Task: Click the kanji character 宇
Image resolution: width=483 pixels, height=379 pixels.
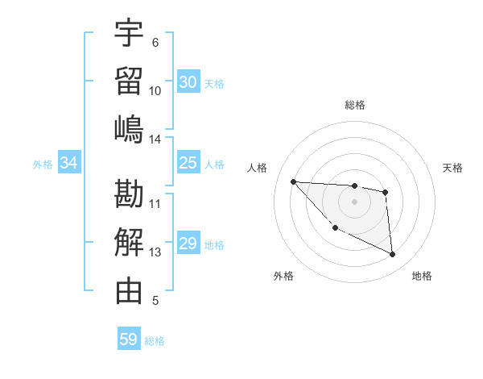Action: point(129,33)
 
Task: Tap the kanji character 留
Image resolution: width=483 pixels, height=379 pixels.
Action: point(129,81)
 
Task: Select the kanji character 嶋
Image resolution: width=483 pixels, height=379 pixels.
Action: point(129,130)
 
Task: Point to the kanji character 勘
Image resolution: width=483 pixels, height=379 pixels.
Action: point(129,194)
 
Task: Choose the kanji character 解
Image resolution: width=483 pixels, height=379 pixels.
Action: point(129,243)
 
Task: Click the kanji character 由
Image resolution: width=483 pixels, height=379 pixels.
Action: point(129,291)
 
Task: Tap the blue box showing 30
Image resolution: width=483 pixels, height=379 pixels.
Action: point(188,82)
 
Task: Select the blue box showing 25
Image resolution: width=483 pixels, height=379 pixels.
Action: point(188,163)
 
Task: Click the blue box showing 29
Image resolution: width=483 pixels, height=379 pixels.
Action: point(188,244)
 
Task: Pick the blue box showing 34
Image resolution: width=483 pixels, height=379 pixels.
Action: point(69,163)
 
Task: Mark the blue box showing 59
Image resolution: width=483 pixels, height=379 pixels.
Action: point(129,339)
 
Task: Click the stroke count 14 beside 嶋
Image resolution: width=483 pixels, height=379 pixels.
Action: point(155,140)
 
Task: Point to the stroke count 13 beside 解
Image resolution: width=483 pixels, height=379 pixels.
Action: point(155,252)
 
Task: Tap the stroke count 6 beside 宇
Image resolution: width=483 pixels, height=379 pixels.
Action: point(155,43)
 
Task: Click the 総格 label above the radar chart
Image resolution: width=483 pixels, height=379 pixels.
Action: point(355,105)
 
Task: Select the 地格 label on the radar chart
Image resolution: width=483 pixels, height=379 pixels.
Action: point(422,276)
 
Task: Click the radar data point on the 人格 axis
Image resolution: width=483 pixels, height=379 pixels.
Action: point(294,181)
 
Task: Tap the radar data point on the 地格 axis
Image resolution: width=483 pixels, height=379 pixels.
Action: point(393,255)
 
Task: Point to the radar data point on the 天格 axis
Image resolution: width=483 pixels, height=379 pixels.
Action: point(386,192)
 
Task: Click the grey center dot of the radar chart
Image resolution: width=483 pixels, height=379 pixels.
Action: point(354,202)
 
